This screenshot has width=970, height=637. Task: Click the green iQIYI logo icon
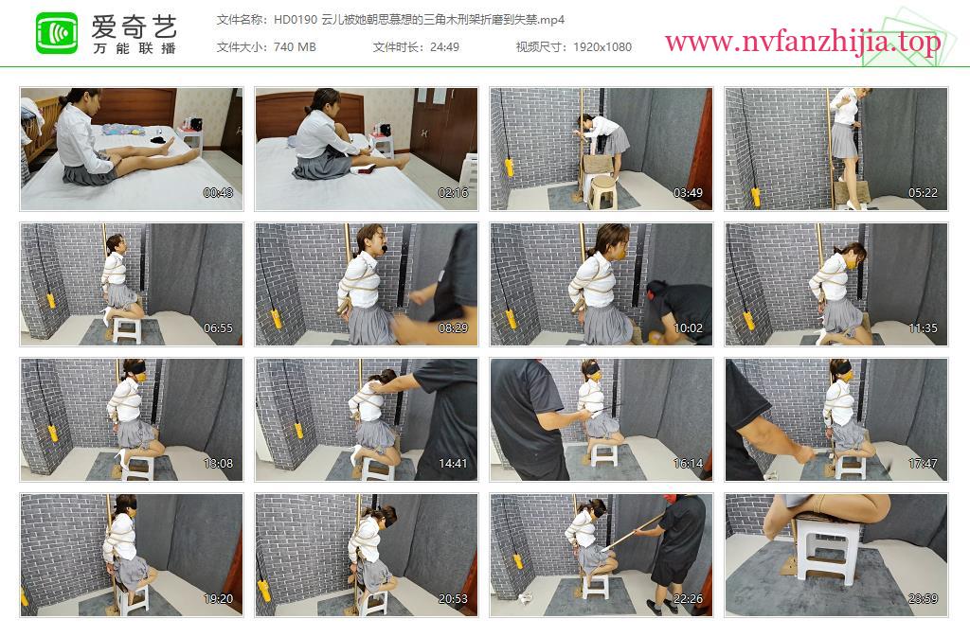(x=57, y=33)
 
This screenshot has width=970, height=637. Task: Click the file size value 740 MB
(x=295, y=47)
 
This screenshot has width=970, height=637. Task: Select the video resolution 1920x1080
(x=602, y=47)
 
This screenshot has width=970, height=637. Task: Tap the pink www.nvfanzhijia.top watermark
(x=803, y=42)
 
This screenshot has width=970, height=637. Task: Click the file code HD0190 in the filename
(x=296, y=20)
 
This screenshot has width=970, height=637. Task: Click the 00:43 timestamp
(x=219, y=193)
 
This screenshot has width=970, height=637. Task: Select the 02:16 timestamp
(x=453, y=193)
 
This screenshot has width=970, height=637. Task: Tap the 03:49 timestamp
(x=688, y=193)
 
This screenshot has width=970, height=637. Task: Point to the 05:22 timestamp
(x=923, y=193)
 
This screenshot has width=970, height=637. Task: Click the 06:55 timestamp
(x=219, y=328)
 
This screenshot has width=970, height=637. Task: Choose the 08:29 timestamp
(x=453, y=328)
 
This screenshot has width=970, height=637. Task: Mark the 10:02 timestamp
(x=688, y=328)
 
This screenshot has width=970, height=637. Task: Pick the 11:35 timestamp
(x=923, y=328)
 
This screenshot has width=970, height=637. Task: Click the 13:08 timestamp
(x=219, y=464)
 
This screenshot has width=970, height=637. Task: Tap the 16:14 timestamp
(x=688, y=464)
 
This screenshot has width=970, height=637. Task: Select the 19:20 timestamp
(x=219, y=599)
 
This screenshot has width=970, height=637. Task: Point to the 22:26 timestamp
(x=688, y=599)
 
